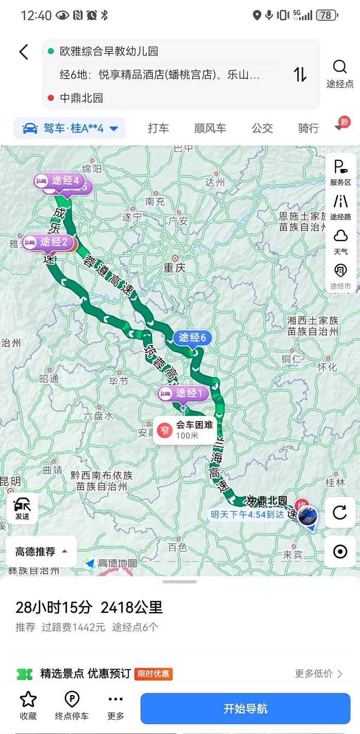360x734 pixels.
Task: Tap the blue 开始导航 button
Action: tap(245, 708)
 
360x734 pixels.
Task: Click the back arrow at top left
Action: tap(24, 52)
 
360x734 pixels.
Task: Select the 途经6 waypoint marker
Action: tap(192, 338)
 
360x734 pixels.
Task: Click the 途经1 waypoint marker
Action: tap(184, 394)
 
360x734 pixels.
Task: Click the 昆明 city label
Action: tap(10, 482)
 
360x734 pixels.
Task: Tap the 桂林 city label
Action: tap(335, 483)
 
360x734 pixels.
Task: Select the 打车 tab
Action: tap(158, 129)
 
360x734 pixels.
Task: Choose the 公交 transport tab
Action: tap(262, 129)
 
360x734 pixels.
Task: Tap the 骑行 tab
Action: tap(308, 129)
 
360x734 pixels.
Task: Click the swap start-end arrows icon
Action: tap(300, 75)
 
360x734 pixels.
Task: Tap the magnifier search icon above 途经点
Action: tap(340, 67)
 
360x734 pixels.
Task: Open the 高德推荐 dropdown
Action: tap(41, 552)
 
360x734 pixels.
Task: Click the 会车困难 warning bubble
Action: tap(185, 430)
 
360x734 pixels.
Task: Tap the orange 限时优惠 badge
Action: tap(153, 674)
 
